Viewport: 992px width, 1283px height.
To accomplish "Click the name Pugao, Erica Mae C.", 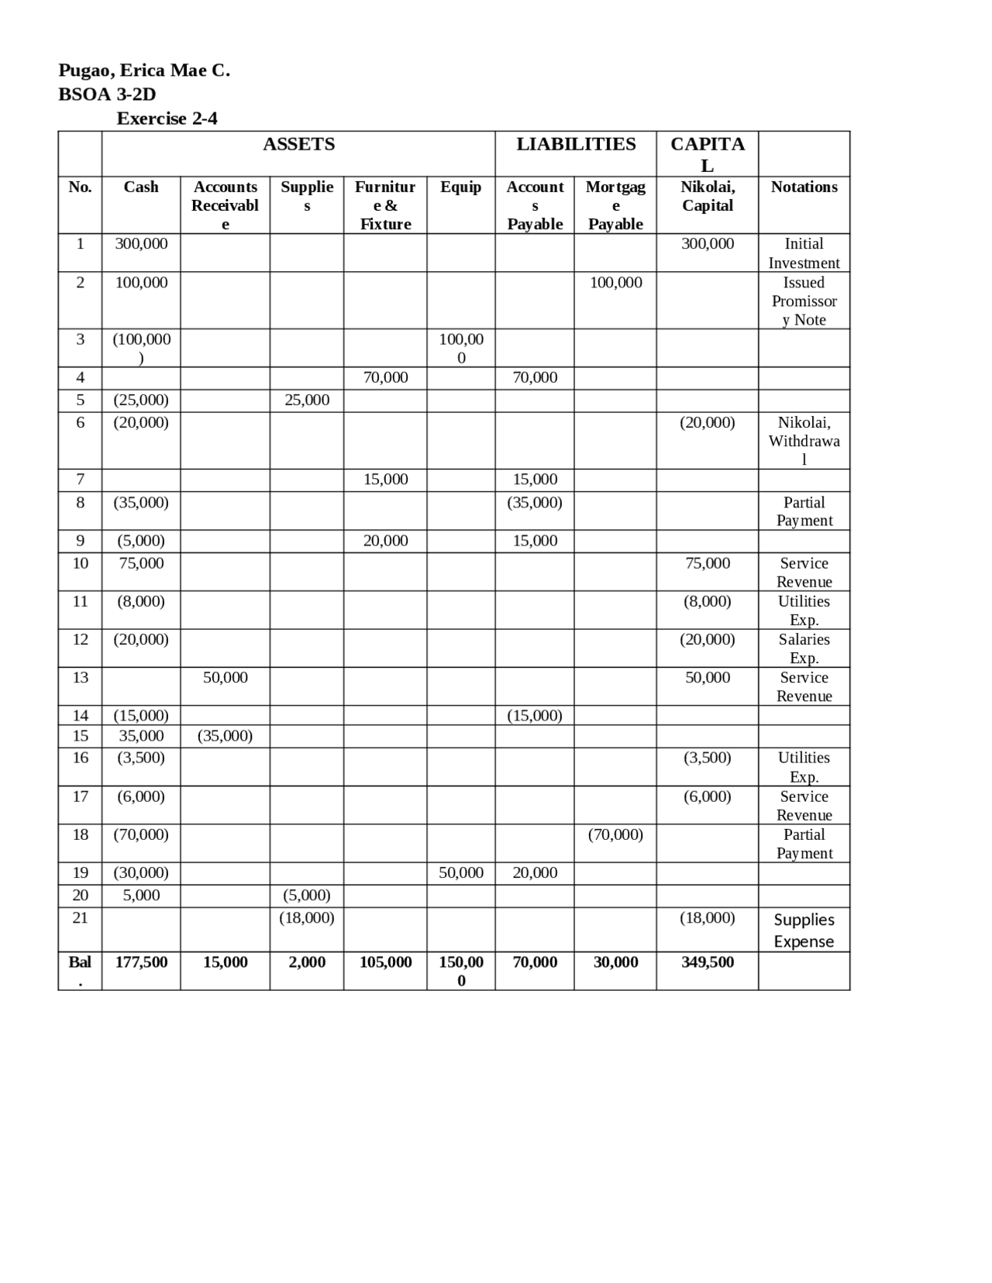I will click(144, 71).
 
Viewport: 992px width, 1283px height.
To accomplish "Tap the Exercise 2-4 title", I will click(167, 119).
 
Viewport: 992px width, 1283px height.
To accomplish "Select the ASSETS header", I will click(298, 144).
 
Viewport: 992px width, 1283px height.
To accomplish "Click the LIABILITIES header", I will click(576, 144).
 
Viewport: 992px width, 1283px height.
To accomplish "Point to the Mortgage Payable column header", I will click(615, 205).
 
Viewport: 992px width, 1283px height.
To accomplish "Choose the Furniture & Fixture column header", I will click(385, 205).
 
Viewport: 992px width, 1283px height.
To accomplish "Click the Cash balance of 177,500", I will click(141, 962).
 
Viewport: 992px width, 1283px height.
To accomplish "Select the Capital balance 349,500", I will click(707, 962).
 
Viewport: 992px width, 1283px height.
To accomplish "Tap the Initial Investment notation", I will click(804, 253).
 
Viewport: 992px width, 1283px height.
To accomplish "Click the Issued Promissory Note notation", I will click(804, 301).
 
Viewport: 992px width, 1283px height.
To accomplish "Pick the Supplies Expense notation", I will click(804, 930).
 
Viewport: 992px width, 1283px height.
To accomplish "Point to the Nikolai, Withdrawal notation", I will click(804, 441).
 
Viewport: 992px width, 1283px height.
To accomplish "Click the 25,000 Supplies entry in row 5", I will click(307, 401).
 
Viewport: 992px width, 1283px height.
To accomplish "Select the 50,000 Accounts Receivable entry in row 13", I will click(226, 678).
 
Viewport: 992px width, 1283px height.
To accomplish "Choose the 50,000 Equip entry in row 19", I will click(461, 873).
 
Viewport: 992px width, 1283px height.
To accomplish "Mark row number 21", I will click(80, 918).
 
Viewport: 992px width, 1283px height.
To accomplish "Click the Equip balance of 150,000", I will click(461, 971).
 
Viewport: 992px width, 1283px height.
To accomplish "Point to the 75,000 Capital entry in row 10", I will click(707, 563).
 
